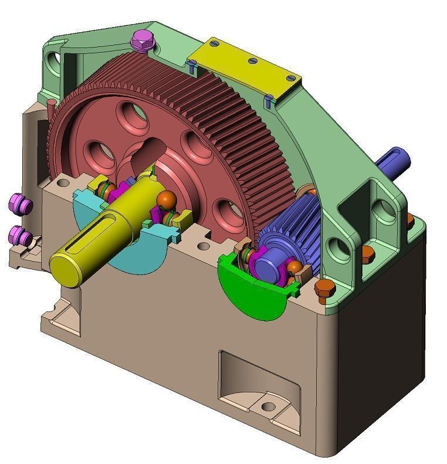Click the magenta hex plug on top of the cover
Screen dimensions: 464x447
pyautogui.click(x=141, y=40)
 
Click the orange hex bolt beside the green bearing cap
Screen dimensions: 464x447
pyautogui.click(x=324, y=288)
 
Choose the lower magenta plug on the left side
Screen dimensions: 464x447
pyautogui.click(x=21, y=237)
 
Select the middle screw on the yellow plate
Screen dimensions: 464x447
pyautogui.click(x=253, y=60)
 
